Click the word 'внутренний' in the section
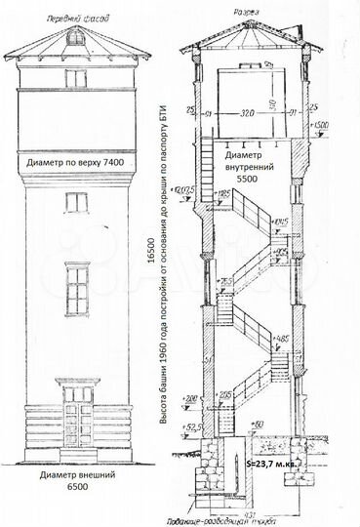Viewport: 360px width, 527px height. point(246,167)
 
